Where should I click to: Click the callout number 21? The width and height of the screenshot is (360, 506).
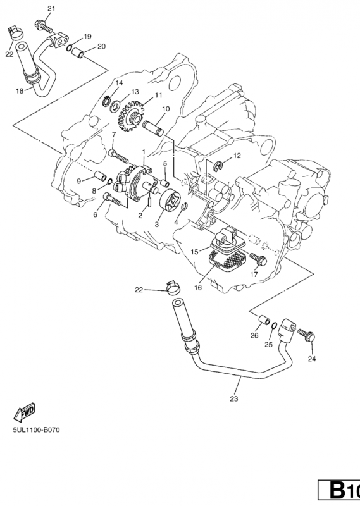51,8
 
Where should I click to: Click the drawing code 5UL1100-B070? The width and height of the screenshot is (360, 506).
37,429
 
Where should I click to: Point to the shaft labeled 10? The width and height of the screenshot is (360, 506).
154,126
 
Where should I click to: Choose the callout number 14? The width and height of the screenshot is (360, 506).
118,83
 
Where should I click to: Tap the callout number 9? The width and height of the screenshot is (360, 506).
80,181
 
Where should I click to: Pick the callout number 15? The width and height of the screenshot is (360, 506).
196,252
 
